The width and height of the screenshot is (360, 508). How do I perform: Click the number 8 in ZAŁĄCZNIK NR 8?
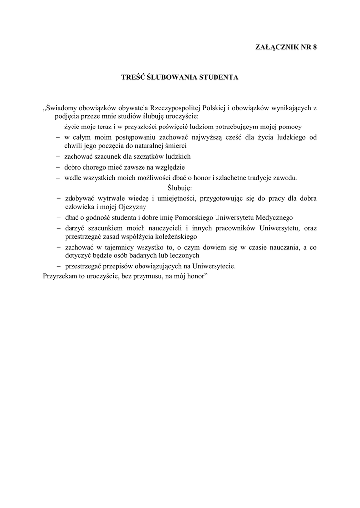pos(314,47)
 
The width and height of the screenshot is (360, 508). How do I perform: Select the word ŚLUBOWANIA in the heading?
pos(169,77)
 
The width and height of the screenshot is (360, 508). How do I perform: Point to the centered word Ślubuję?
pos(179,188)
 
